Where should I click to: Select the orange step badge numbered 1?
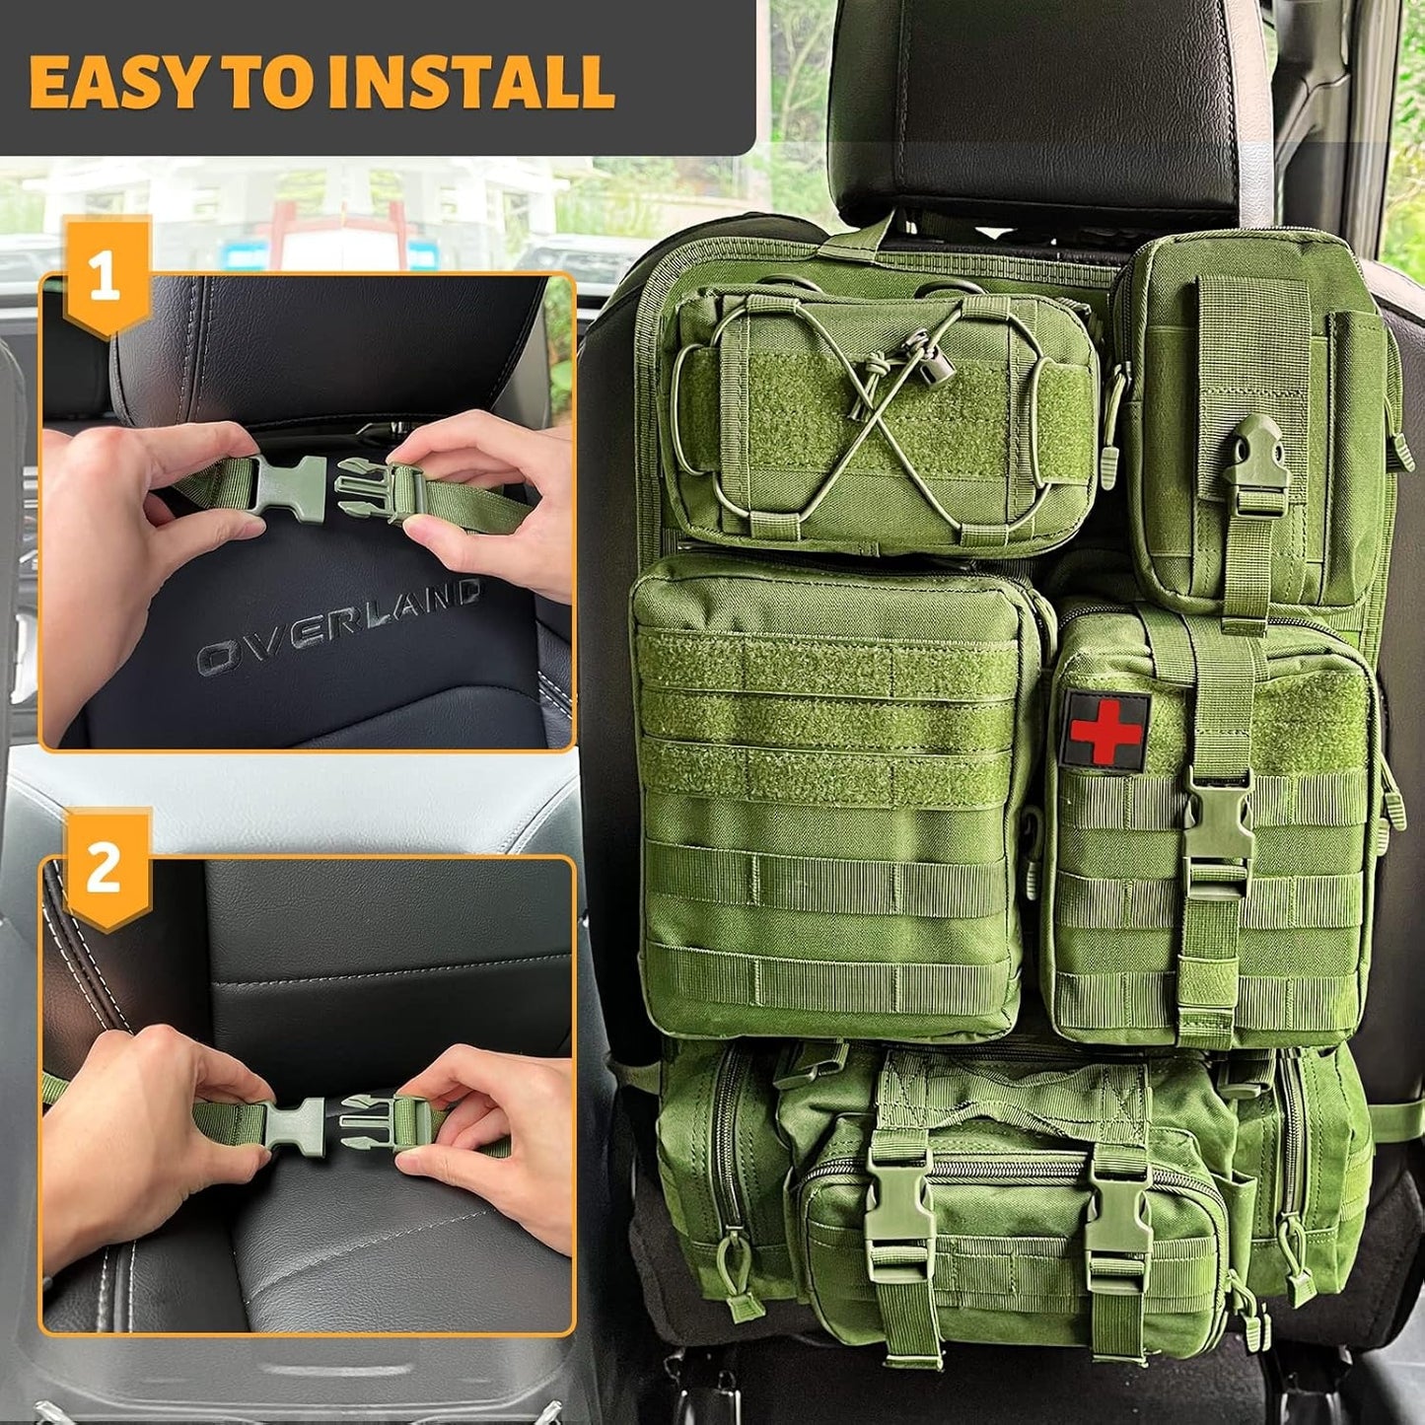pos(106,277)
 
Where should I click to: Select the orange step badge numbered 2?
pos(106,869)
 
